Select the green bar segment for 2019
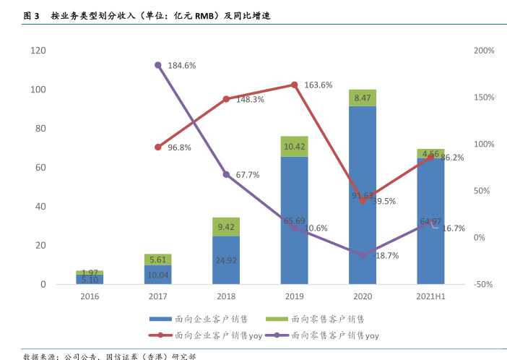[x=295, y=146]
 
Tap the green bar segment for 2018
[x=226, y=226]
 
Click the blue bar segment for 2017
[x=158, y=274]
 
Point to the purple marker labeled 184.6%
[x=158, y=65]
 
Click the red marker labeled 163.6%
[x=295, y=85]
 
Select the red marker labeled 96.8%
[x=158, y=147]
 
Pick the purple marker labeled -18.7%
[x=363, y=255]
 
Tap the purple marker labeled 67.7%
[x=226, y=174]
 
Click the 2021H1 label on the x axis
[x=430, y=296]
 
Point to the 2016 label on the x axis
[x=90, y=296]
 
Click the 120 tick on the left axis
[x=38, y=51]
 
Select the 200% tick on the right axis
[x=484, y=51]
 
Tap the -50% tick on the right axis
[x=484, y=284]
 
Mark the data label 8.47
[x=363, y=98]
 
